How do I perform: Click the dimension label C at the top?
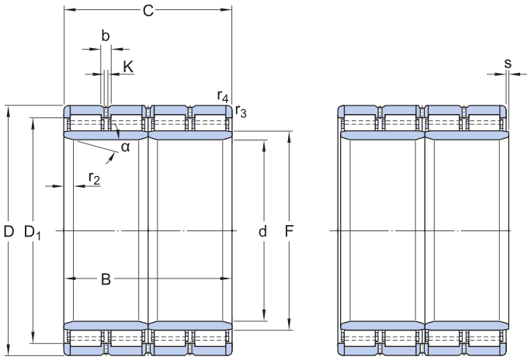coord(147,11)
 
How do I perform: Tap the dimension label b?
coord(106,35)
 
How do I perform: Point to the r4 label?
coord(223,96)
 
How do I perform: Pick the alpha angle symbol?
coord(125,147)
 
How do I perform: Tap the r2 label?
coord(94,178)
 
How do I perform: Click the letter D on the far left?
coord(9,231)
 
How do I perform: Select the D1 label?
coord(32,232)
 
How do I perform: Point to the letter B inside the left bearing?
coord(106,279)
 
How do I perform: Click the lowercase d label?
coord(262,231)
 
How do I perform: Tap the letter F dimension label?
coord(289,231)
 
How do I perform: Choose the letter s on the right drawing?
coord(508,63)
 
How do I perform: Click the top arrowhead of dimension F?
coord(289,137)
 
